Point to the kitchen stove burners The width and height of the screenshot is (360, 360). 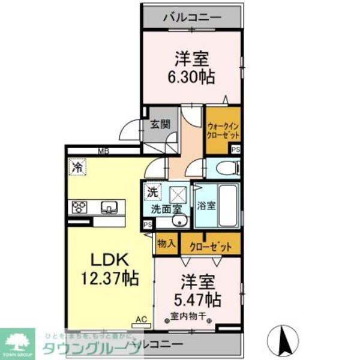click(80, 208)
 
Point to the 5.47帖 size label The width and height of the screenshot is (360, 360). click(196, 298)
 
